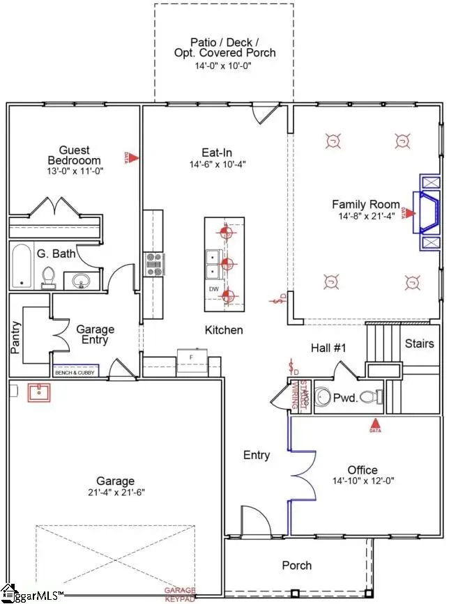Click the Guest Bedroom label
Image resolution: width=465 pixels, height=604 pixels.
point(74,155)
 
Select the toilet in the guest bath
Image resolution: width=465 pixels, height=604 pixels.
point(49,277)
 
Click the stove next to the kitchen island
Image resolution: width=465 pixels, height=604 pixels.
point(153,264)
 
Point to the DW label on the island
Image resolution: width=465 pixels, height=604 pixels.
point(214,288)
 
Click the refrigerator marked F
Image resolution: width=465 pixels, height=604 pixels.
point(190,357)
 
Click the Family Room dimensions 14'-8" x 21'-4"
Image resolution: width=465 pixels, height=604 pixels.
point(366,216)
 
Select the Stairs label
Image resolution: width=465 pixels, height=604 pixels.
point(420,343)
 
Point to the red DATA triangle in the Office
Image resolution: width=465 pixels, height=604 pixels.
point(375,424)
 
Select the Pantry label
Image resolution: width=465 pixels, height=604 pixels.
point(16,338)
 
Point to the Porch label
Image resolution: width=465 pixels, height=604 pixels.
point(296,565)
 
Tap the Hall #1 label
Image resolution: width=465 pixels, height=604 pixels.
point(328,348)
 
